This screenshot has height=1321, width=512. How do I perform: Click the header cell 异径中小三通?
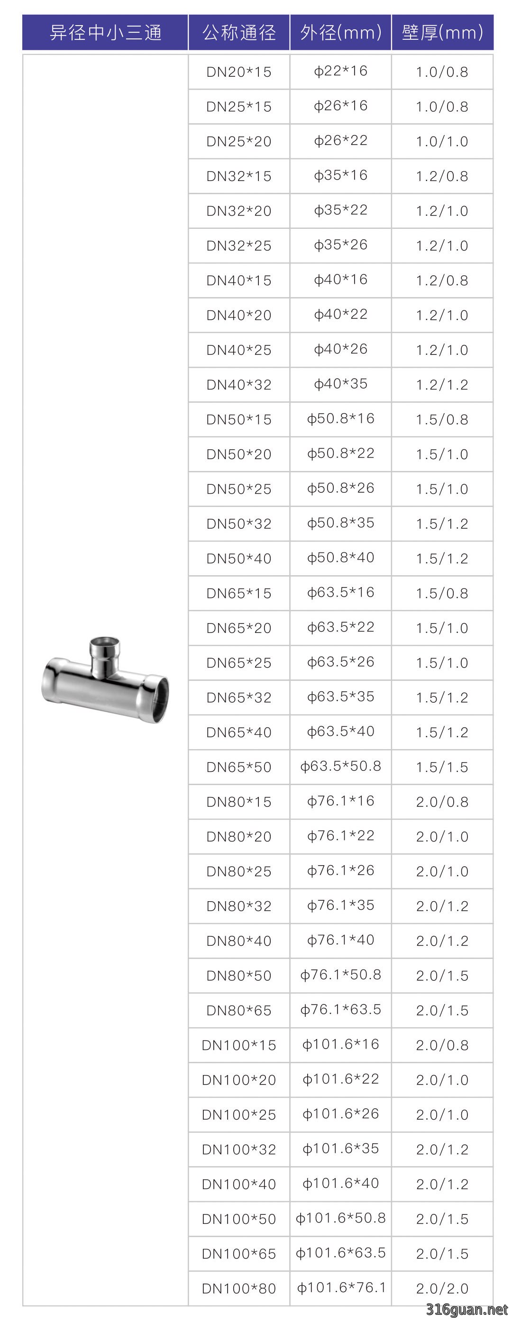(x=105, y=32)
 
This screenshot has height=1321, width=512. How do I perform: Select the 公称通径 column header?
(x=239, y=32)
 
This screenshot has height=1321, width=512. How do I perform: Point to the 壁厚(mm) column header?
(x=442, y=32)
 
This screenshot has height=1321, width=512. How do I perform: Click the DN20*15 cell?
(x=239, y=72)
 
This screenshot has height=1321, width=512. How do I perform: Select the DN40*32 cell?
(x=239, y=385)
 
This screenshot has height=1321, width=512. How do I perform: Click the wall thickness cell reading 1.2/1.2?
(x=442, y=385)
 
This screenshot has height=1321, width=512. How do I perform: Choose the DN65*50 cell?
(x=239, y=767)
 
